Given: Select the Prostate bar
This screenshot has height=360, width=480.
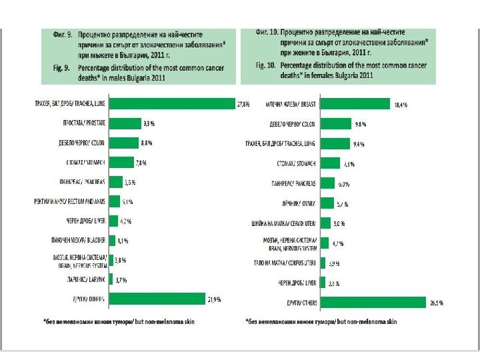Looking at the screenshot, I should [x=125, y=123].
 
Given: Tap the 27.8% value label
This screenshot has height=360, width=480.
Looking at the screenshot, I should [x=244, y=104].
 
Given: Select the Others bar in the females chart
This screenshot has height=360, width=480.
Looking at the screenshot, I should [x=373, y=303].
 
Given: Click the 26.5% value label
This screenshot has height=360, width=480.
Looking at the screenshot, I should [x=437, y=303].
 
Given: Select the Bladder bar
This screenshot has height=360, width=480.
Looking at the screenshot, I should [x=113, y=240].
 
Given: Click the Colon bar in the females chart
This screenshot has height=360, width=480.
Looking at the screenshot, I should [x=335, y=124].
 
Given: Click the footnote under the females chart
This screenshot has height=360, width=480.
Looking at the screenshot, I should [x=321, y=322].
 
